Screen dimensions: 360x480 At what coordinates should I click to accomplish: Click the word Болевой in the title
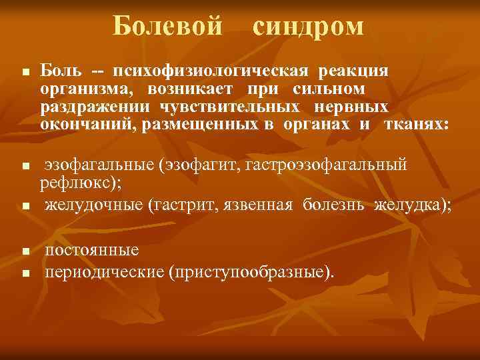point(167,26)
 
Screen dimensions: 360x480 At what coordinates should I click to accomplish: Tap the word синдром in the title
point(309,26)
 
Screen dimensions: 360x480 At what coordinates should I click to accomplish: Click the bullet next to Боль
point(24,71)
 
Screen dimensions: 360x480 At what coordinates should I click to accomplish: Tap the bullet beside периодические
point(24,274)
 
